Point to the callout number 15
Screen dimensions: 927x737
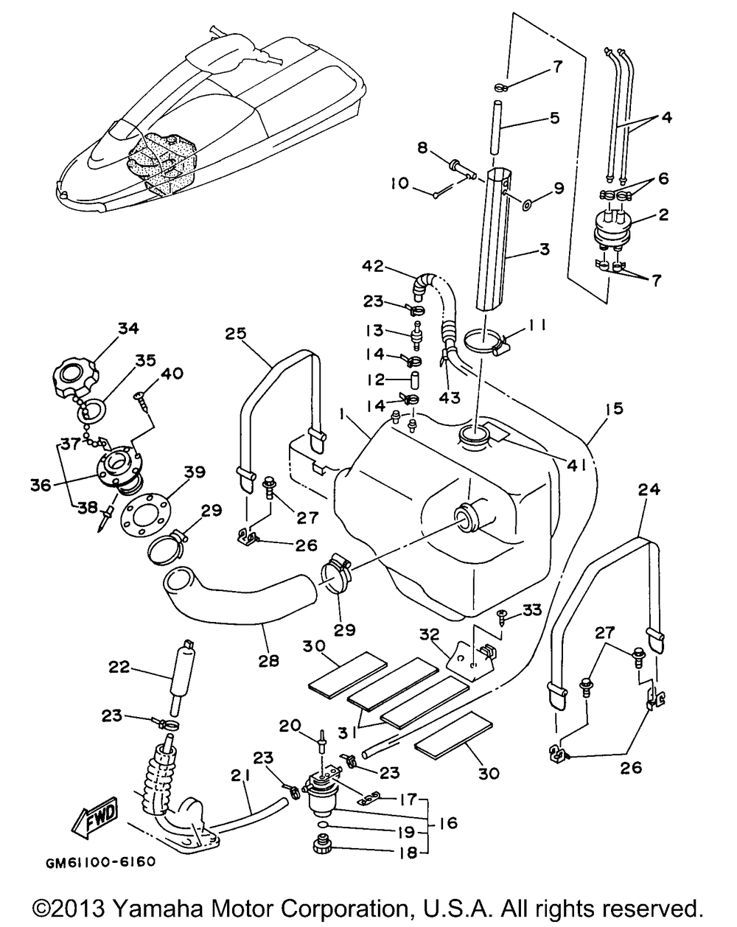tap(614, 408)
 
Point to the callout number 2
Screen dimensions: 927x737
tap(663, 215)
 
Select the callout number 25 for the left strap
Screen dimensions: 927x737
tap(236, 334)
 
